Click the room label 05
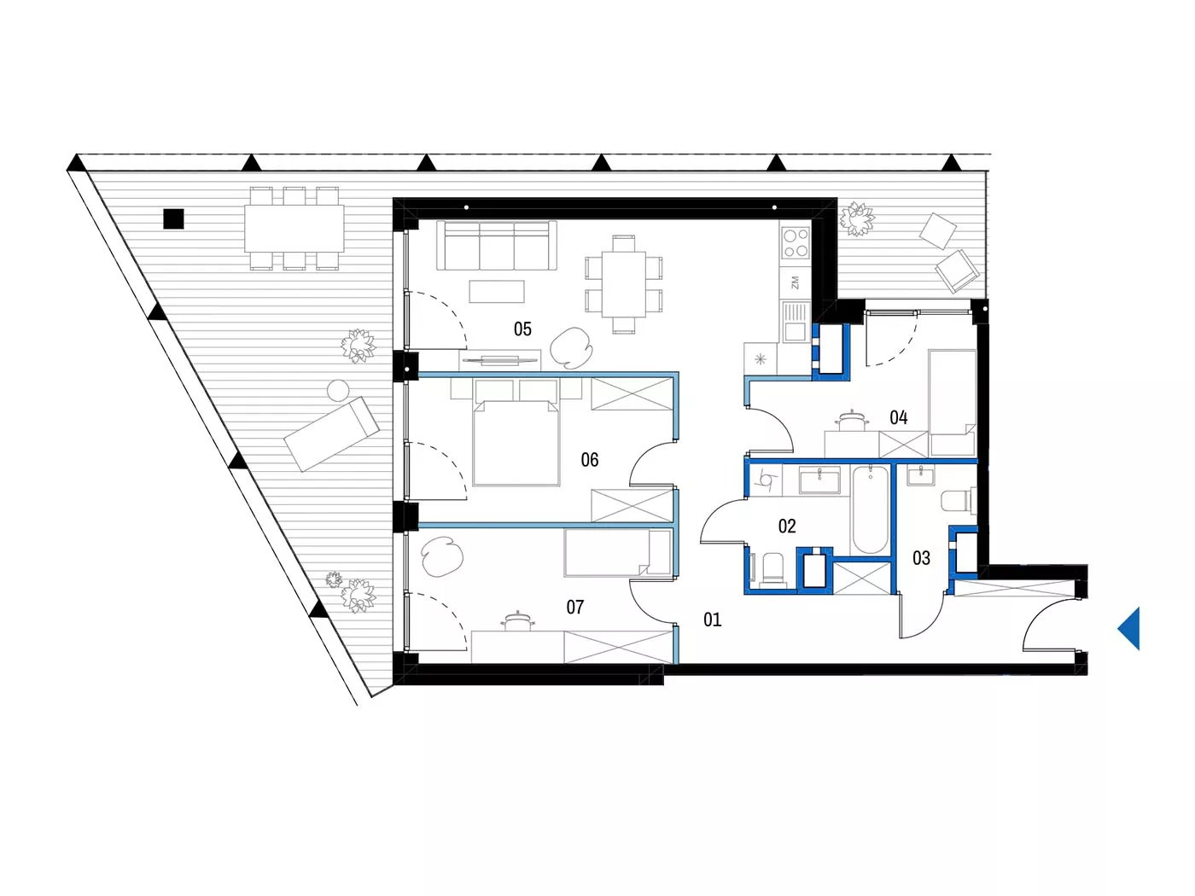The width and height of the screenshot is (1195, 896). click(522, 329)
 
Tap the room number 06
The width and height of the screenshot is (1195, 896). click(590, 460)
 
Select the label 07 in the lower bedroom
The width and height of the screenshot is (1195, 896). click(575, 607)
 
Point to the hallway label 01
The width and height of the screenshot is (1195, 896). click(712, 620)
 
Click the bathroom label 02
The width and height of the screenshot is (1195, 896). click(787, 526)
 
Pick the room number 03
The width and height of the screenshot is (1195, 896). click(921, 558)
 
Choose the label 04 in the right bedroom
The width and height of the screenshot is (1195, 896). click(898, 418)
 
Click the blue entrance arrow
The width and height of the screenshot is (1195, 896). click(1128, 629)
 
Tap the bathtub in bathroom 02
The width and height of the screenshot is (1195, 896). click(870, 509)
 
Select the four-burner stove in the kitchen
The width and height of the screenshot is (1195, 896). click(796, 242)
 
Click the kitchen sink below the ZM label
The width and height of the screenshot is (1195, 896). click(796, 322)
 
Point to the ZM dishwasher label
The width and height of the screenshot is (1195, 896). click(795, 282)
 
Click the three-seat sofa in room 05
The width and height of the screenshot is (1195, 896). click(497, 246)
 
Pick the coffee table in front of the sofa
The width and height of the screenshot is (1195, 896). click(497, 291)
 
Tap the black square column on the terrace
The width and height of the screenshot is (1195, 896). click(173, 218)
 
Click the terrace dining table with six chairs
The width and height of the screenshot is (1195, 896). click(294, 229)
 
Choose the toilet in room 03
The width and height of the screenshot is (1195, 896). click(959, 501)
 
